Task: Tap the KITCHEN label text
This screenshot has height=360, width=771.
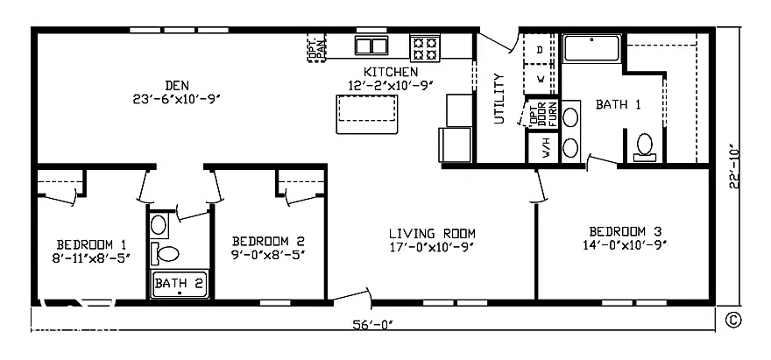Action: pyautogui.click(x=391, y=71)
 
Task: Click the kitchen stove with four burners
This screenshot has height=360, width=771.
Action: pyautogui.click(x=426, y=46)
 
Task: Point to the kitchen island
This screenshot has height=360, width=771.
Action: pyautogui.click(x=363, y=113)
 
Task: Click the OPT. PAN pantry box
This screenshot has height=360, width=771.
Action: pyautogui.click(x=316, y=47)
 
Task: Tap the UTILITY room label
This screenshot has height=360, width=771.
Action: pyautogui.click(x=499, y=98)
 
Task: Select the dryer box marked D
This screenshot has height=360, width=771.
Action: pyautogui.click(x=540, y=50)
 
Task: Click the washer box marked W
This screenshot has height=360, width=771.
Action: pyautogui.click(x=540, y=79)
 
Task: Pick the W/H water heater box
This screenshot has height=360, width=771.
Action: pyautogui.click(x=544, y=147)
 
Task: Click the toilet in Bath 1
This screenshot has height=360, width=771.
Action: pyautogui.click(x=646, y=145)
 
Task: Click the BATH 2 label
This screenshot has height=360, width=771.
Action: pyautogui.click(x=179, y=283)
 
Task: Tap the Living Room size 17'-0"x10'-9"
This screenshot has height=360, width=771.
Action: pyautogui.click(x=432, y=246)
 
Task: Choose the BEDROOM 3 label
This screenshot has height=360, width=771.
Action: pyautogui.click(x=625, y=231)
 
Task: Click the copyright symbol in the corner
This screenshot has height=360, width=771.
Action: pyautogui.click(x=732, y=321)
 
